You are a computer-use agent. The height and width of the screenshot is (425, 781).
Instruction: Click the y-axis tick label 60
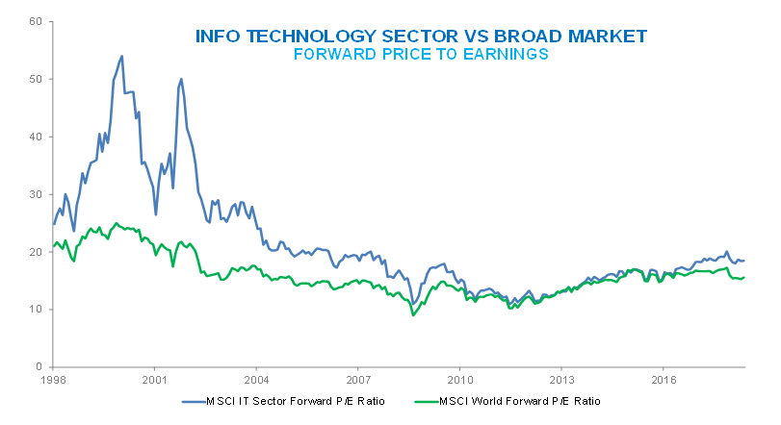coord(36,21)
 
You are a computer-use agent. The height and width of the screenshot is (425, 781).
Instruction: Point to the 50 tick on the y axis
coord(36,79)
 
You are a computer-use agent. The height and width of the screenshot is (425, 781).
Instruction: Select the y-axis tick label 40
coord(36,137)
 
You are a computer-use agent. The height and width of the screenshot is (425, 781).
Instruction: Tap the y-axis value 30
coord(36,194)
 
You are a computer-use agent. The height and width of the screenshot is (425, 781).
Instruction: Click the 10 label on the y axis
coord(36,310)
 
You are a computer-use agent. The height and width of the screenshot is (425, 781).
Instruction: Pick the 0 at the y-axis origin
coord(39,367)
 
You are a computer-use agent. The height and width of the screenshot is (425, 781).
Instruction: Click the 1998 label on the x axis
coord(53,379)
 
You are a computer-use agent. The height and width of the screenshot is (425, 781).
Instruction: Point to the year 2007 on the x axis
coord(358,379)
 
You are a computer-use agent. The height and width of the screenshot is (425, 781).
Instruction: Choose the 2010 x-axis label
coord(459,379)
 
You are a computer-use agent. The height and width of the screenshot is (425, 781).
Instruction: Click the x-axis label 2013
coord(561,379)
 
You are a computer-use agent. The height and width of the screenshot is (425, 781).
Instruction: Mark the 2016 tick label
coord(663,379)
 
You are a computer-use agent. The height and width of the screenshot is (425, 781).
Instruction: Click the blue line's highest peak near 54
coord(121,56)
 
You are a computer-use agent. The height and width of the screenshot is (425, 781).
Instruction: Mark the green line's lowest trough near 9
coord(413,315)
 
